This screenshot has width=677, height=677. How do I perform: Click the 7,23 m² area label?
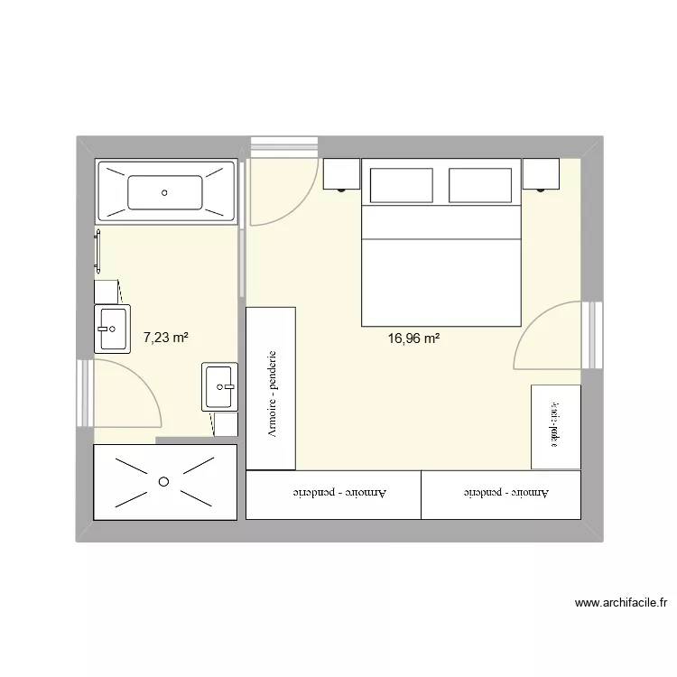pyautogui.click(x=166, y=338)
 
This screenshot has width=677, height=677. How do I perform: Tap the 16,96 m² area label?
pyautogui.click(x=413, y=339)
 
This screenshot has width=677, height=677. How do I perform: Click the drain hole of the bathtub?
pyautogui.click(x=164, y=191)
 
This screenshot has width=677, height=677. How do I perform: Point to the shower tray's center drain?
pyautogui.click(x=163, y=481)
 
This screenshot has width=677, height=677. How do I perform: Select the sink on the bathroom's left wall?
pyautogui.click(x=113, y=328)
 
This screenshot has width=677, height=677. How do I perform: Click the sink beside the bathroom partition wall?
pyautogui.click(x=219, y=385)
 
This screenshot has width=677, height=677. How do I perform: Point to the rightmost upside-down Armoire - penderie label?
pyautogui.click(x=505, y=494)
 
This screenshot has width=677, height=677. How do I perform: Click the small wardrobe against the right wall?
pyautogui.click(x=555, y=426)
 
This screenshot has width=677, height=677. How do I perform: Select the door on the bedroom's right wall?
pyautogui.click(x=551, y=336)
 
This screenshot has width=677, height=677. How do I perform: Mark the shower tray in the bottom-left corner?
pyautogui.click(x=164, y=482)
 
